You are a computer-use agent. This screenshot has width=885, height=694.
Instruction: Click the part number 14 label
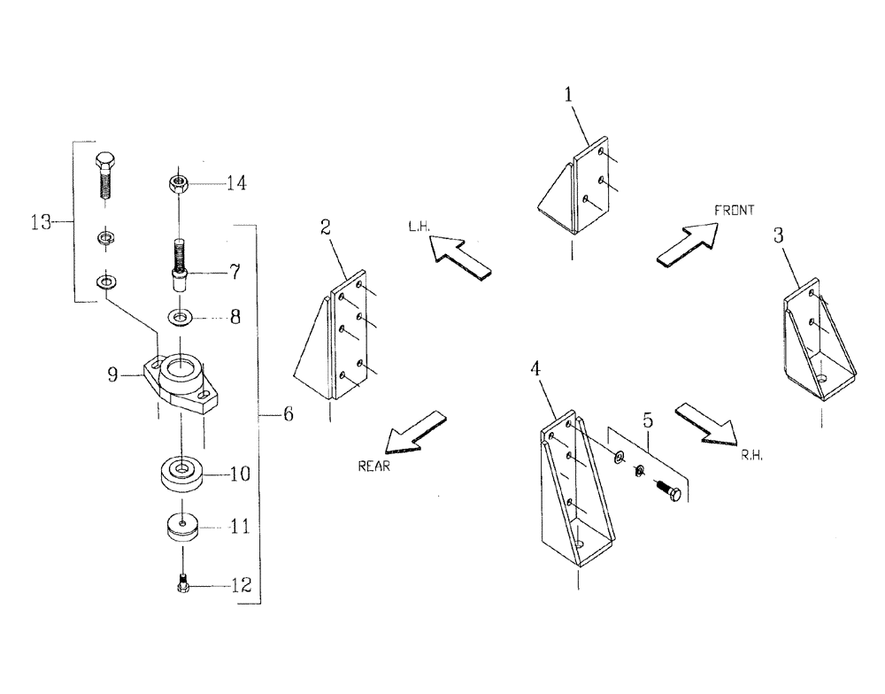click(x=235, y=183)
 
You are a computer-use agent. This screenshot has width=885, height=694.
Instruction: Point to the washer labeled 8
click(x=181, y=316)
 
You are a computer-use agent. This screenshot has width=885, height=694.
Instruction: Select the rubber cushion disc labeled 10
click(x=181, y=472)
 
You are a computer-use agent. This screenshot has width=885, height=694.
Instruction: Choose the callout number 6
click(x=289, y=413)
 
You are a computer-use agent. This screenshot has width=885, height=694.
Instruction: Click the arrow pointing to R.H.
click(x=706, y=422)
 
